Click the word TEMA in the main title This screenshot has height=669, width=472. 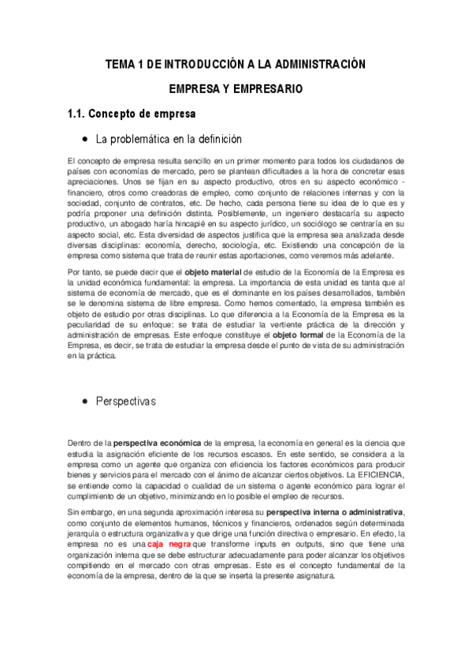pyautogui.click(x=120, y=63)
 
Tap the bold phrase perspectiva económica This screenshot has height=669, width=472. pyautogui.click(x=158, y=442)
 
